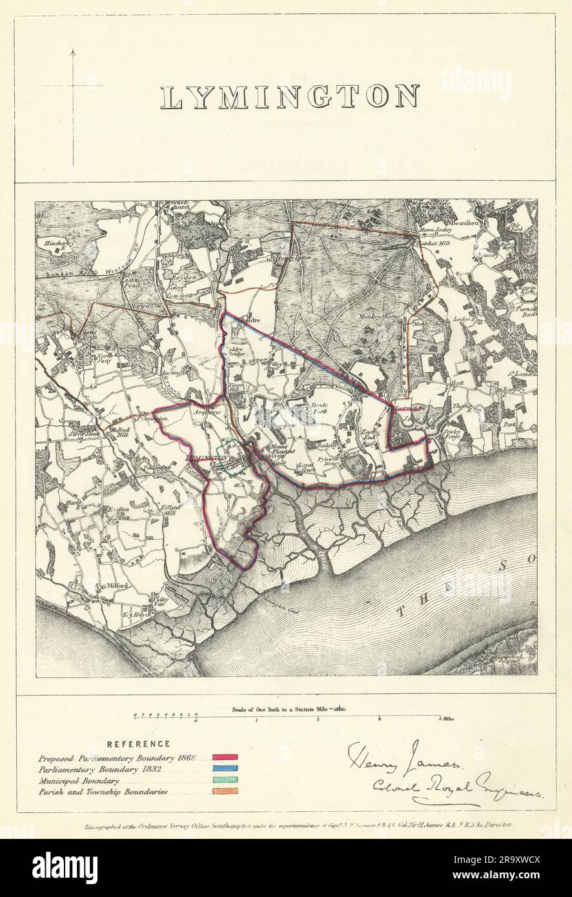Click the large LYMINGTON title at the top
coord(290,97)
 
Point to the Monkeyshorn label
coord(380,316)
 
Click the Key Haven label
coord(136,614)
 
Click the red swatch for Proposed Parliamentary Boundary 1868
coord(226,757)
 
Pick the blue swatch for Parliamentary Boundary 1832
coord(226,769)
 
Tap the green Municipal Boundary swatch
coord(226,780)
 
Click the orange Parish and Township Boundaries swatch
coord(226,792)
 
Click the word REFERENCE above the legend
coord(138,744)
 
